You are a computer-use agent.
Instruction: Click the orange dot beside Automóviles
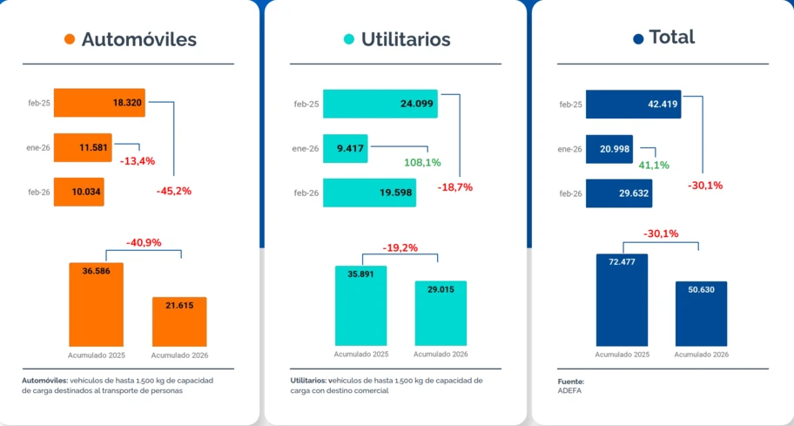click(70, 39)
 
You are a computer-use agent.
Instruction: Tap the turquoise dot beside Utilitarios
click(349, 39)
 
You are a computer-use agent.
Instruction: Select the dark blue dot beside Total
click(638, 38)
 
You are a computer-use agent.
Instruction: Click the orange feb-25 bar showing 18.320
click(99, 103)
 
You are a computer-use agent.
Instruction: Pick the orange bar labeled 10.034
click(79, 192)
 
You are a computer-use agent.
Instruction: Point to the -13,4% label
click(138, 161)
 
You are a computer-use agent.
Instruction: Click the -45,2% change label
click(174, 191)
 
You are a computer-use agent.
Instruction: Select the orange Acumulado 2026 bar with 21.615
click(179, 321)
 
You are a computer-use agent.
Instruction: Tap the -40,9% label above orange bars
click(144, 243)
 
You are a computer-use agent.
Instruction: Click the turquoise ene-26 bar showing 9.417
click(346, 148)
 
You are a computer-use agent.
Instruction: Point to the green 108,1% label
click(422, 163)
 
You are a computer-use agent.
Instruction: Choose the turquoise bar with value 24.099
click(380, 104)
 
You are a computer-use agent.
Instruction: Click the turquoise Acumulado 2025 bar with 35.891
click(361, 306)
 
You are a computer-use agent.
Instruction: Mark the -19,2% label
click(400, 247)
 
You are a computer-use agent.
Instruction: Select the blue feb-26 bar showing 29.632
click(619, 193)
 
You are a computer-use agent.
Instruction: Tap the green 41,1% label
click(654, 166)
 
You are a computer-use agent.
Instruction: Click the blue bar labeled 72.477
click(622, 300)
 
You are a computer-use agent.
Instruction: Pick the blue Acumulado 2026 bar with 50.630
click(702, 314)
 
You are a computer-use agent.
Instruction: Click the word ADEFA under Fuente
click(569, 391)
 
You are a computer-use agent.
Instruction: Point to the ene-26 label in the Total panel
click(569, 150)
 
